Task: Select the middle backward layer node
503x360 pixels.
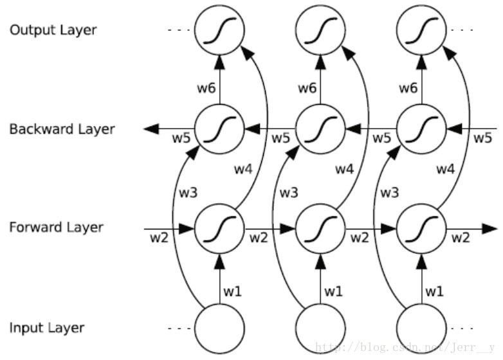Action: click(x=320, y=129)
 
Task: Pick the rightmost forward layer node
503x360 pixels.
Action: click(x=421, y=228)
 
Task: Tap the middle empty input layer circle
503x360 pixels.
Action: click(x=320, y=328)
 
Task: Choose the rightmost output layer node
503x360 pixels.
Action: click(x=421, y=31)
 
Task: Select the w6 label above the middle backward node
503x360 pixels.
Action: click(x=307, y=87)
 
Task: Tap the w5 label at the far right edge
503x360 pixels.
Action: click(x=482, y=138)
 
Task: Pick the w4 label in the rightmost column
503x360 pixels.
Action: click(x=446, y=169)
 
